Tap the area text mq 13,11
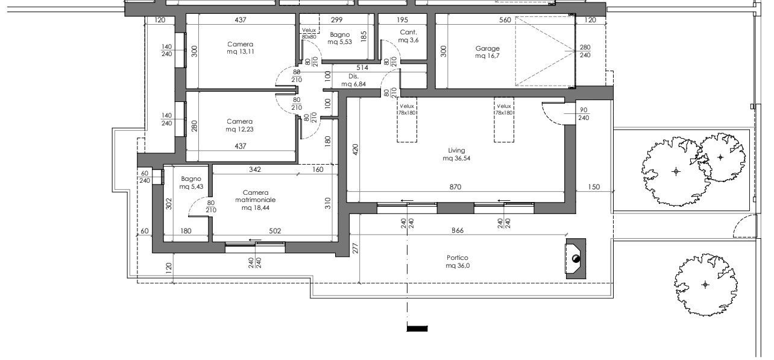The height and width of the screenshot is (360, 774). pyautogui.click(x=240, y=52)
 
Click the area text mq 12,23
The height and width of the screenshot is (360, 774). pyautogui.click(x=239, y=129)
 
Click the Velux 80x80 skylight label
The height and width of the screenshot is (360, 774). pyautogui.click(x=309, y=34)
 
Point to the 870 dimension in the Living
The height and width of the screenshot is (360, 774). pyautogui.click(x=455, y=187)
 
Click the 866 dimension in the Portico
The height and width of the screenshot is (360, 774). pyautogui.click(x=458, y=230)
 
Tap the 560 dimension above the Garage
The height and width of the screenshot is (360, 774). pyautogui.click(x=505, y=20)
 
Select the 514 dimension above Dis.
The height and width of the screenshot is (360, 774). pyautogui.click(x=362, y=68)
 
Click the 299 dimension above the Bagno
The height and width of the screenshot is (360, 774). pyautogui.click(x=336, y=20)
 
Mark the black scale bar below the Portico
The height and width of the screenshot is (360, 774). pyautogui.click(x=417, y=329)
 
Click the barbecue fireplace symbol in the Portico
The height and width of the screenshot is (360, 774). pyautogui.click(x=576, y=259)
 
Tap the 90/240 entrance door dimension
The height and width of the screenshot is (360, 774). pyautogui.click(x=584, y=114)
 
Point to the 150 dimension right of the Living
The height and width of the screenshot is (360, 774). pyautogui.click(x=594, y=187)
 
